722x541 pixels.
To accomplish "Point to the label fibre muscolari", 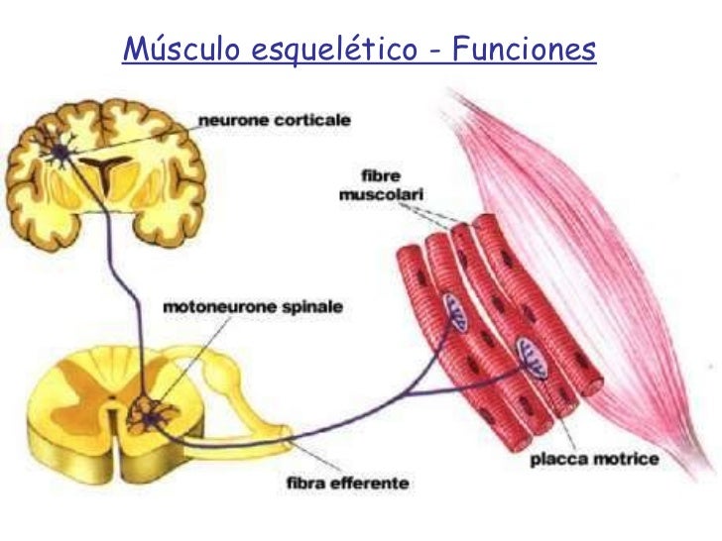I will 371,186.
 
